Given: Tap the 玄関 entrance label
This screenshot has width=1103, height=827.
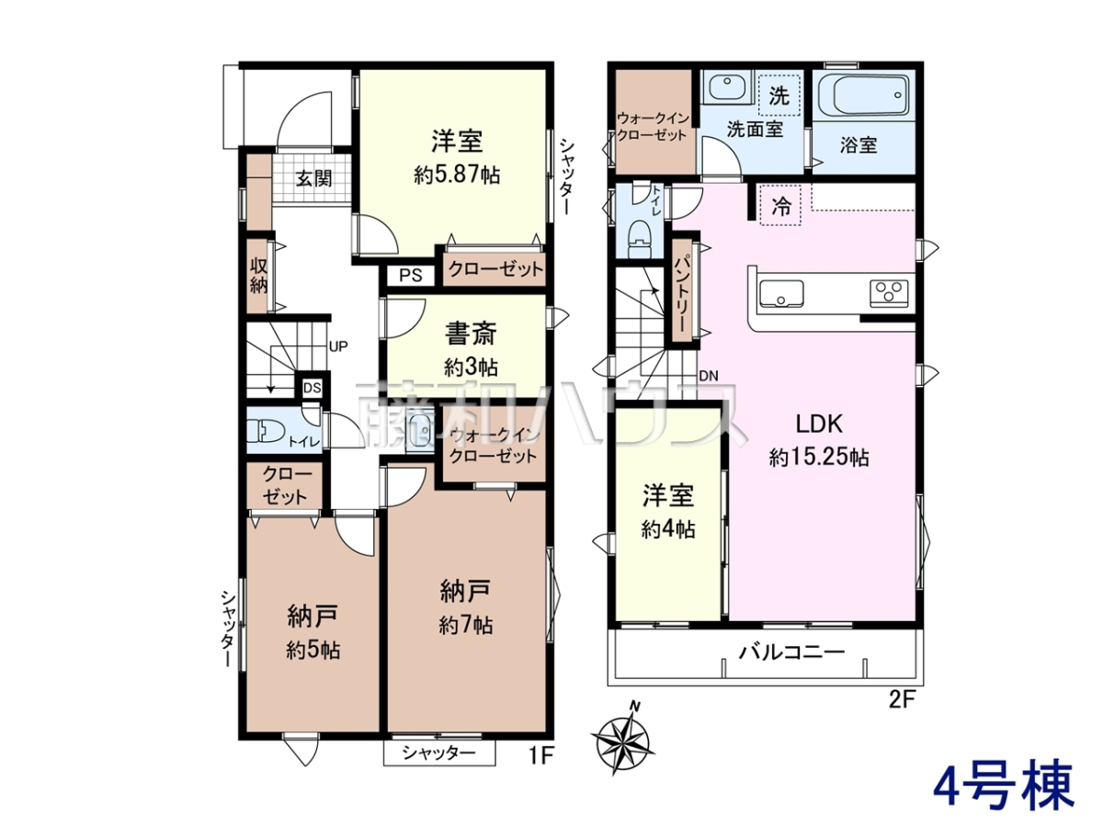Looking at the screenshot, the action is point(313,178).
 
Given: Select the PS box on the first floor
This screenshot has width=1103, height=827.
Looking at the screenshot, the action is point(411,276).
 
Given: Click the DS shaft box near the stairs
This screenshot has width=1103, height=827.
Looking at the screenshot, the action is point(312,388).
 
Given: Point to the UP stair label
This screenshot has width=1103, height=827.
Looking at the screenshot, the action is point(338,346).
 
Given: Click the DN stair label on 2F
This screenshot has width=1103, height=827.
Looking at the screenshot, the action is point(709,376).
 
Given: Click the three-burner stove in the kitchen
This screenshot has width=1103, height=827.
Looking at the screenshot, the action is point(889,293).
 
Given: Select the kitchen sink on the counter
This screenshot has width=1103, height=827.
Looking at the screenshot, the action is point(781,293).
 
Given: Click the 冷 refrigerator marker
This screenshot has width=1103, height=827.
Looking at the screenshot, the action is point(781,206).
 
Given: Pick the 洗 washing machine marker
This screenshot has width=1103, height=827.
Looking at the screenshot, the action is point(779,96).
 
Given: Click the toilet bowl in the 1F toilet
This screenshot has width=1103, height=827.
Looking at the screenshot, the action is point(266,431).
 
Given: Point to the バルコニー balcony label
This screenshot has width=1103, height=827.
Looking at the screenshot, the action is point(791,652).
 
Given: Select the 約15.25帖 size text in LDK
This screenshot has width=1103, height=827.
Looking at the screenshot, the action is point(819,458).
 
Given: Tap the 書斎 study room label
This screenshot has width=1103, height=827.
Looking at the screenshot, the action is point(471,334).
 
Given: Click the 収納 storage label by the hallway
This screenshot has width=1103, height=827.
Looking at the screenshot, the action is point(259,276).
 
